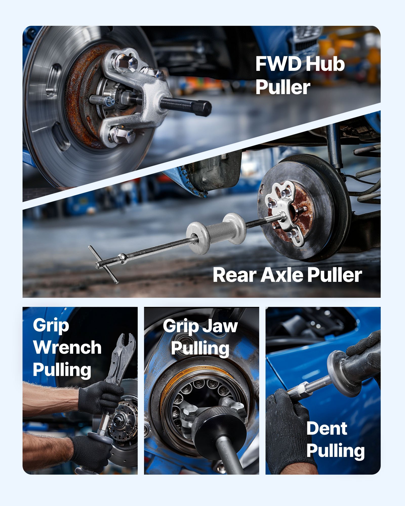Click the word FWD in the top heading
[x=278, y=64]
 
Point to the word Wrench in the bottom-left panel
[x=67, y=347]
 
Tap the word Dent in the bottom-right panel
[x=327, y=429]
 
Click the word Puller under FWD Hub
[x=283, y=87]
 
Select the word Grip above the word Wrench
[x=51, y=326]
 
